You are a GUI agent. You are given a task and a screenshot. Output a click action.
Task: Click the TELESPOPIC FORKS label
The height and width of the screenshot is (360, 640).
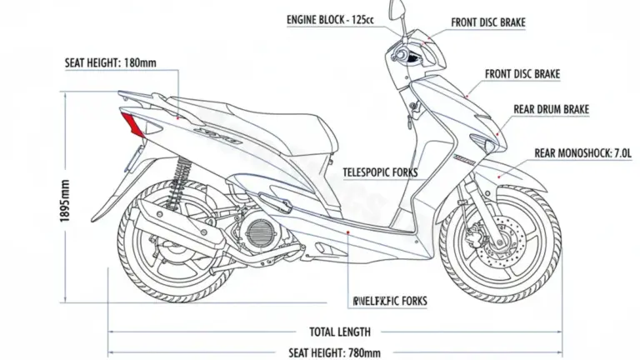coord(381,173)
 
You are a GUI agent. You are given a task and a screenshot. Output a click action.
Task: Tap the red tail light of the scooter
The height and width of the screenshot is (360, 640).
coord(131,125)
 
